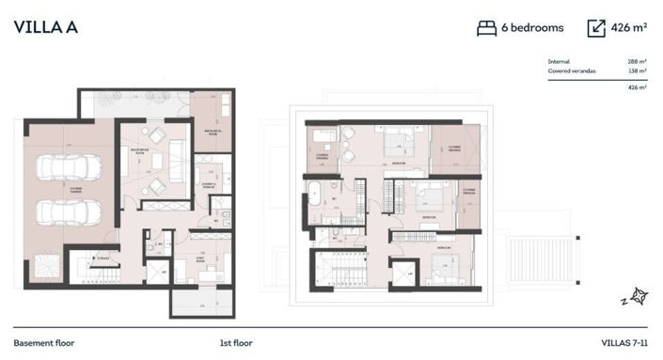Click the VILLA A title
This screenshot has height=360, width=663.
[x=46, y=27]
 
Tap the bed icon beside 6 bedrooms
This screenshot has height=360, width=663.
[x=486, y=28]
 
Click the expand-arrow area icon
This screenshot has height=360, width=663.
[x=596, y=28]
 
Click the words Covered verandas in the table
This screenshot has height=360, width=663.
[x=572, y=70]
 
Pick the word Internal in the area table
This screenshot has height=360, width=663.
[x=559, y=61]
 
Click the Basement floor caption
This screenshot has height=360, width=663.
[x=44, y=343]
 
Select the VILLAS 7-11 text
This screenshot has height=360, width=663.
[x=624, y=343]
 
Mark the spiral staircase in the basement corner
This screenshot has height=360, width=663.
[x=44, y=267]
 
